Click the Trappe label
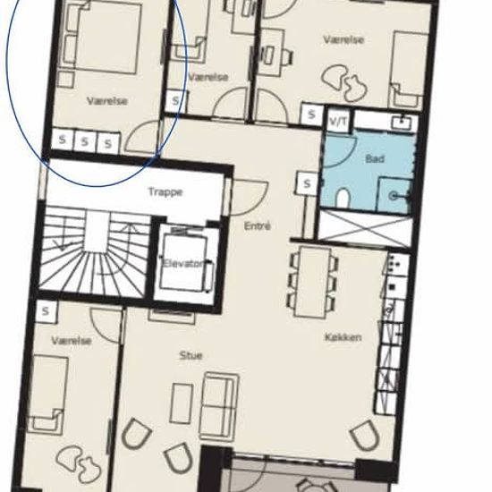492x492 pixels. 165,191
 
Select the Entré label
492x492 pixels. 258,226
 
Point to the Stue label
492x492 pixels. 191,355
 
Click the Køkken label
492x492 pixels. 343,337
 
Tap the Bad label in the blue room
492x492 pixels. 375,158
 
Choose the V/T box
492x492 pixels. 338,120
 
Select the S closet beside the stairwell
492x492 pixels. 47,311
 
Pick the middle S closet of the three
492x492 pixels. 85,142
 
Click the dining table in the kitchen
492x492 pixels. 312,282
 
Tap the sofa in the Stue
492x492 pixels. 218,407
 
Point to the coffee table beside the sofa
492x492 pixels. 181,403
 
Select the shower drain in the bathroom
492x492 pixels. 393,197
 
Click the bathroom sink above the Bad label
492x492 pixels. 403,123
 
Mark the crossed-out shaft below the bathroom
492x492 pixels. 365,227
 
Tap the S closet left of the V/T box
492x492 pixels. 311,115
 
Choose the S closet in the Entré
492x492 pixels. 307,182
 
